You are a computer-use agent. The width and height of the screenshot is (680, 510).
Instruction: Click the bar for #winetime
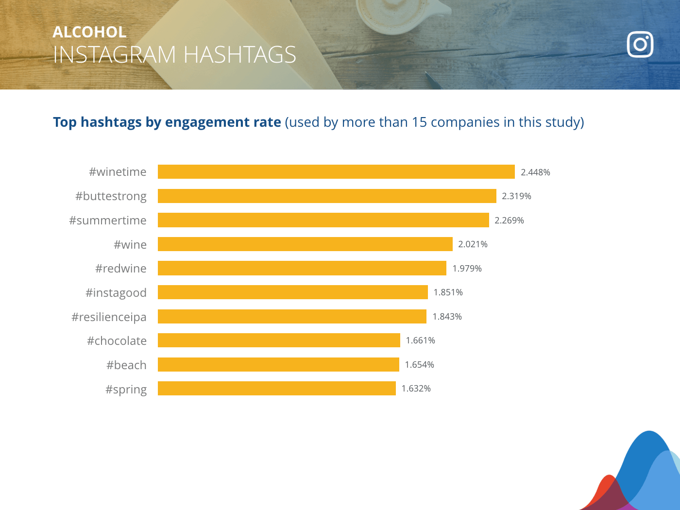[x=336, y=172]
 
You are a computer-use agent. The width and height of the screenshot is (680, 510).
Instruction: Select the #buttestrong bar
[x=327, y=196]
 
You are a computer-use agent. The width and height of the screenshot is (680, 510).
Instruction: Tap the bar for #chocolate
[x=279, y=340]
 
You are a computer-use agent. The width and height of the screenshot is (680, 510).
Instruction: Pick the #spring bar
[x=277, y=389]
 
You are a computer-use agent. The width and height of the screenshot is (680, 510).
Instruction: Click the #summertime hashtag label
[x=108, y=221]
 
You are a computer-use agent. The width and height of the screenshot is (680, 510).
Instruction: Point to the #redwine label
[x=121, y=269]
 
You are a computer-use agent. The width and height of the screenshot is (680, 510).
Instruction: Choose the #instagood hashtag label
[x=116, y=293]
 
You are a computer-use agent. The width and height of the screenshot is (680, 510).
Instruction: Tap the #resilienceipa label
[x=109, y=317]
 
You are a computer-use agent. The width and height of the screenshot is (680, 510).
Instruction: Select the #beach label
[x=126, y=365]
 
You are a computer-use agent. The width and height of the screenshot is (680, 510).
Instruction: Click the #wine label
[x=130, y=245]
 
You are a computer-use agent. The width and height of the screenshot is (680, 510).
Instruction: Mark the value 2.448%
[x=535, y=172]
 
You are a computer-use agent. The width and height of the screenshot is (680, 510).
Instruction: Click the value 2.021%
[x=473, y=244]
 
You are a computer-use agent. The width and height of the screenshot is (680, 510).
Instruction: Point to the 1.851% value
[x=448, y=292]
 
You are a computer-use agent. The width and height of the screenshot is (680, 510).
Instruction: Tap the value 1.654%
[x=419, y=365]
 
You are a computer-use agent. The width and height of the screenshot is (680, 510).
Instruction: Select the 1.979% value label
[x=467, y=269]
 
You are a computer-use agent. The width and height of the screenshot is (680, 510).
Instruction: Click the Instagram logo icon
[x=640, y=45]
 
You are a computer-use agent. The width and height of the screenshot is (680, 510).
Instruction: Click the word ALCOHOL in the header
[x=89, y=32]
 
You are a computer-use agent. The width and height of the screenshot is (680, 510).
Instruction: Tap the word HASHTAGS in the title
[x=240, y=55]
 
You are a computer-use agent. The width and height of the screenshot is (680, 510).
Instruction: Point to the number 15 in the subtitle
[x=419, y=122]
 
